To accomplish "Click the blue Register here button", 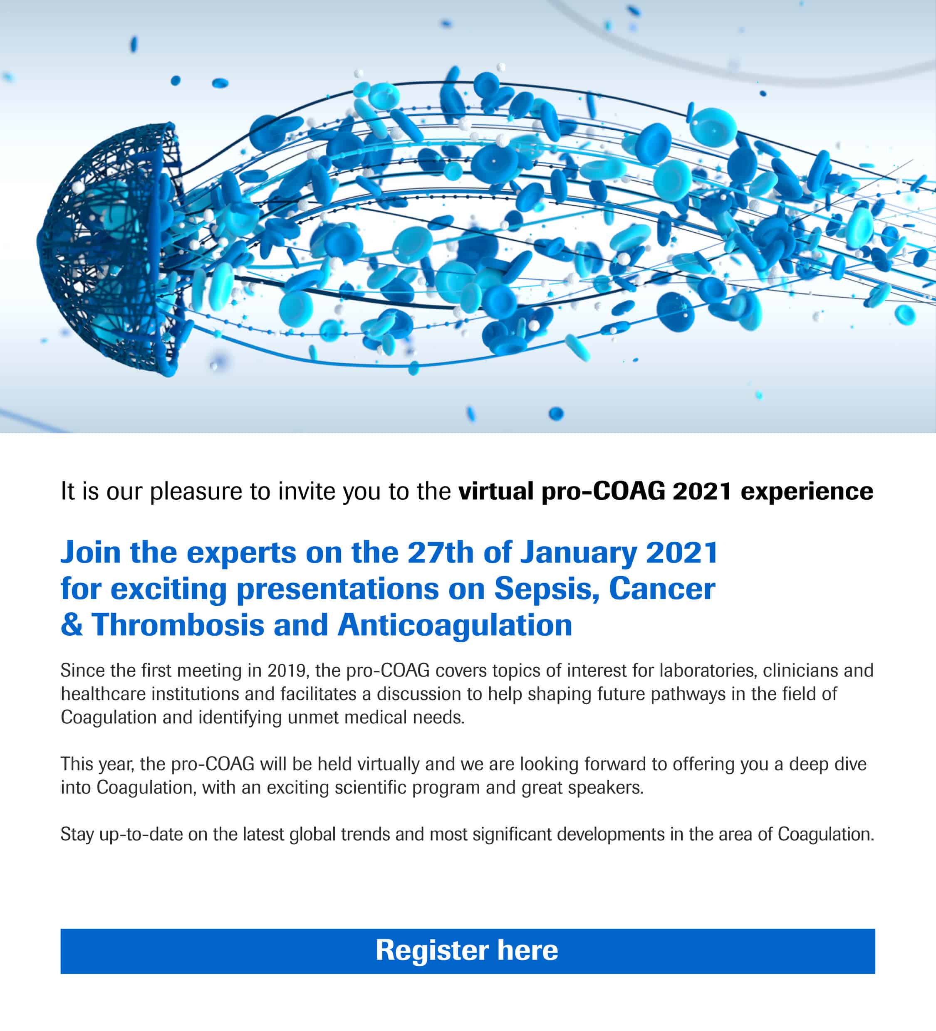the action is (468, 951).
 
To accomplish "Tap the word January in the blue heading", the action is (578, 553).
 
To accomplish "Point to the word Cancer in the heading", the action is (662, 589).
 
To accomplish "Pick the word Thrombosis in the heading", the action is (178, 625).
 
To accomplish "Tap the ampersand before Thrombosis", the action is (72, 625).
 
